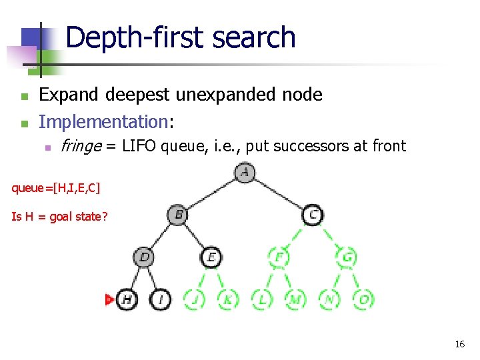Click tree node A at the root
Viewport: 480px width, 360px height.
[245, 173]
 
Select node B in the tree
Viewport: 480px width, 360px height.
[178, 215]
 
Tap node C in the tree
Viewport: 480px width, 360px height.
[313, 215]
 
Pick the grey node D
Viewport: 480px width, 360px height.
[144, 257]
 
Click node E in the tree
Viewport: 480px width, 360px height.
[211, 257]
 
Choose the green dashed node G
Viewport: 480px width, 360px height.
[347, 257]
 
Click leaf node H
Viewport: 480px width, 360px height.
[127, 299]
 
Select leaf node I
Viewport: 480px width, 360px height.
[161, 299]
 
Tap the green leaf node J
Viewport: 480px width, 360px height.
[194, 299]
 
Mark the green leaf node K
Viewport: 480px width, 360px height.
[228, 299]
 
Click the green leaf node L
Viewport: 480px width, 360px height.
[262, 299]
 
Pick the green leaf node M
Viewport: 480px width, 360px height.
[295, 299]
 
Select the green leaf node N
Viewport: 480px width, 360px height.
[329, 299]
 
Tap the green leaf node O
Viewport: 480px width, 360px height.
[363, 299]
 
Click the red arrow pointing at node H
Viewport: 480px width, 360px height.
[109, 300]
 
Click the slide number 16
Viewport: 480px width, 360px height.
[459, 344]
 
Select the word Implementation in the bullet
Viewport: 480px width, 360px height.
[104, 121]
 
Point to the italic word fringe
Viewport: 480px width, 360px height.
[79, 146]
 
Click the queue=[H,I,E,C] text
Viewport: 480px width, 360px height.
[56, 188]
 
